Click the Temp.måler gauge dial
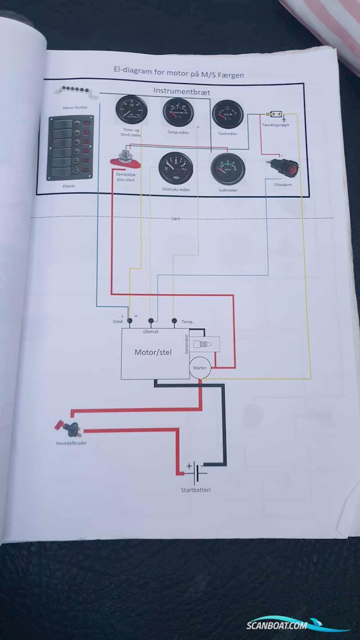178,112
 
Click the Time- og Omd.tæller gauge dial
131,110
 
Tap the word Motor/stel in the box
153,352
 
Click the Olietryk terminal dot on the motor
151,320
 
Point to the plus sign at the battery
189,466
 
